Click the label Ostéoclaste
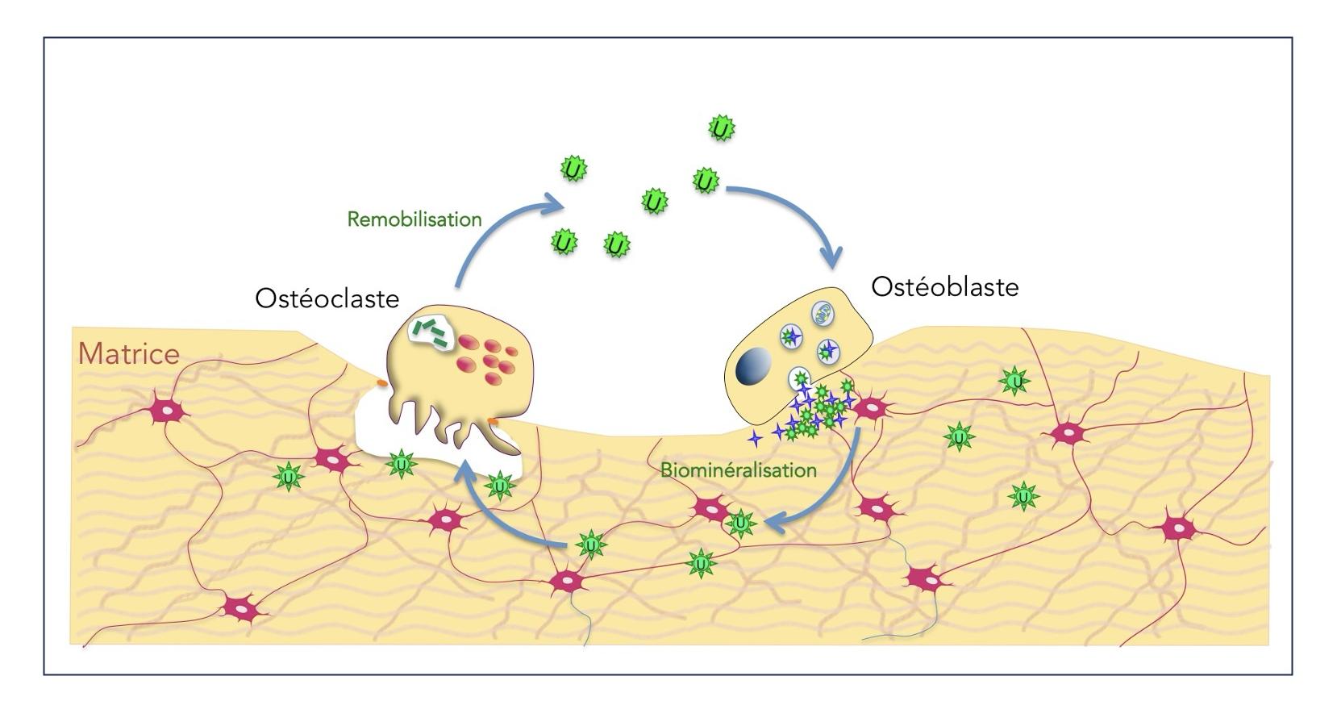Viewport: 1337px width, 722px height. [327, 298]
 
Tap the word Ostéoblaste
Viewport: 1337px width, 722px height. [944, 287]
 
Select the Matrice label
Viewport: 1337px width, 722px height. [128, 354]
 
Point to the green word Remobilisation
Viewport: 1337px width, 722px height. [414, 219]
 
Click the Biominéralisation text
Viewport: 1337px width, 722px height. [738, 470]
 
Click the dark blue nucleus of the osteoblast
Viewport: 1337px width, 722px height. [754, 365]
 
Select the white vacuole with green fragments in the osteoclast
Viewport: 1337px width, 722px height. [432, 332]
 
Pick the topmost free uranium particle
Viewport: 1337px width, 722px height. [720, 128]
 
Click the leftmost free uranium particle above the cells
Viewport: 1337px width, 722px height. [564, 241]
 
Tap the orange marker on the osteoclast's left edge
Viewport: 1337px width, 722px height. [382, 382]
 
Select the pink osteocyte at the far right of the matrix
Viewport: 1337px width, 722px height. [1179, 529]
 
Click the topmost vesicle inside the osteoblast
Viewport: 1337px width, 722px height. [822, 313]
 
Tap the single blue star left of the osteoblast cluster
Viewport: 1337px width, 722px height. [755, 438]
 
